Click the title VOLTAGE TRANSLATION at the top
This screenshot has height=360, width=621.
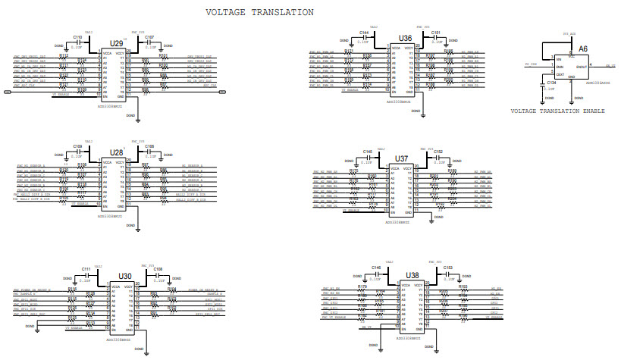tap(260, 13)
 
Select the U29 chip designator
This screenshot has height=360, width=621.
tap(116, 44)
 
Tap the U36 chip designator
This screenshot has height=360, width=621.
tap(406, 38)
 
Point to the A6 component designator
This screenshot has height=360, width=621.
tap(582, 48)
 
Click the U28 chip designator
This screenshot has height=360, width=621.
tap(116, 152)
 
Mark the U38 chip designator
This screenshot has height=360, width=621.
tap(412, 275)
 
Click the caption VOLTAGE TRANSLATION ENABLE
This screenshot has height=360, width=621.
tap(557, 111)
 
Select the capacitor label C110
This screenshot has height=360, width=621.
tap(77, 37)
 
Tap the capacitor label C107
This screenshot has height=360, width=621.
tap(149, 37)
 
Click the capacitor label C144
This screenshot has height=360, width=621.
tap(364, 33)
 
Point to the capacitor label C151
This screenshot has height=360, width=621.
tap(437, 33)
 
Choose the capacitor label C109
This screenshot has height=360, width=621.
tap(77, 146)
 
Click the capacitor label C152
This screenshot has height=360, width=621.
tap(438, 152)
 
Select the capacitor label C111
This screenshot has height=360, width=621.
tap(86, 269)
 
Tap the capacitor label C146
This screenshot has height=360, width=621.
tap(376, 268)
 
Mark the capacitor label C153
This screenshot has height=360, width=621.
tap(447, 268)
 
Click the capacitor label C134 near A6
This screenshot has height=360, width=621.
tap(551, 83)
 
